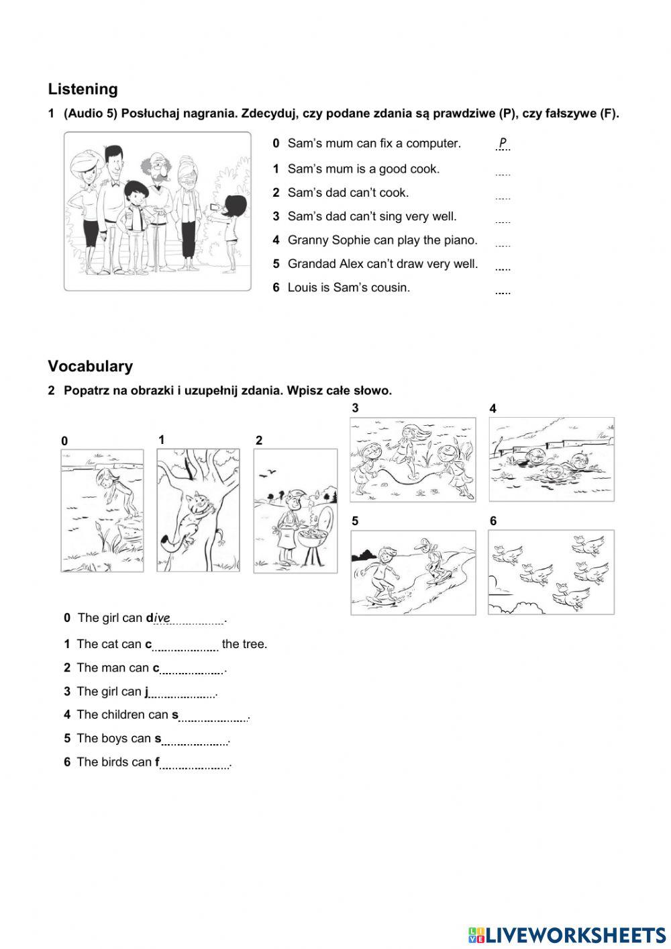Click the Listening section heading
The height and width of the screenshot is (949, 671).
click(83, 89)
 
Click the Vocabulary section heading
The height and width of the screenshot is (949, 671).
click(90, 366)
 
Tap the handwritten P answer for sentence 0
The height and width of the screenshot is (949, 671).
click(503, 143)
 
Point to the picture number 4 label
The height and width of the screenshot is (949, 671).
click(493, 408)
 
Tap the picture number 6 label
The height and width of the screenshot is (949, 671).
click(493, 521)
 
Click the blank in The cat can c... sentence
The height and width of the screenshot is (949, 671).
click(186, 645)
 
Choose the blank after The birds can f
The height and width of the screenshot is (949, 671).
click(195, 764)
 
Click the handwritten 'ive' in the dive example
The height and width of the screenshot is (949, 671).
click(162, 618)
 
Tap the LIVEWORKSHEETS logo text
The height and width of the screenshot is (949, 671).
click(575, 935)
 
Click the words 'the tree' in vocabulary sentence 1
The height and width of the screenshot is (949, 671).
click(244, 644)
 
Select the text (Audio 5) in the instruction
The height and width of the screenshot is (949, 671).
click(91, 114)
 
